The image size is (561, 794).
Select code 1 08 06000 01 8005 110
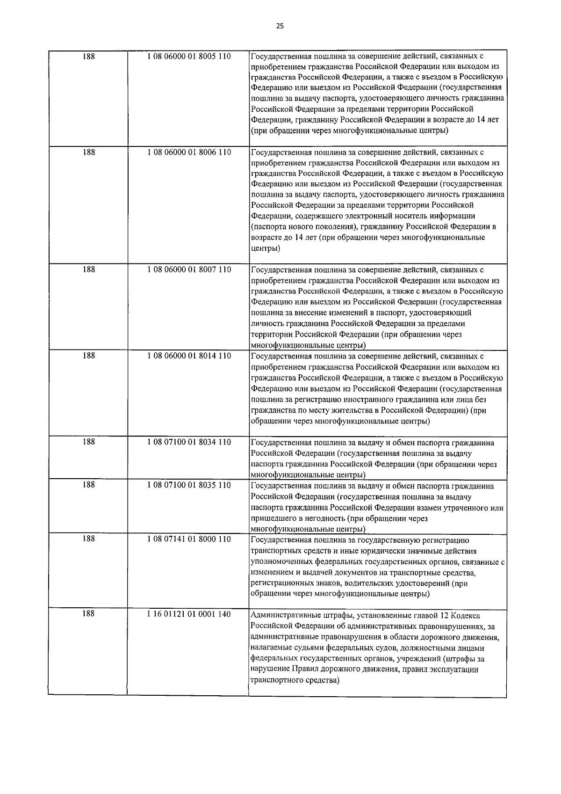188,57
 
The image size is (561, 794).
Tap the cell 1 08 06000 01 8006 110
188,153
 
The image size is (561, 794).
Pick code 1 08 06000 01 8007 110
188,270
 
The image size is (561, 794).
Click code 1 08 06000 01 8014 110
188,356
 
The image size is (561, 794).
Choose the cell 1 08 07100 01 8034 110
188,442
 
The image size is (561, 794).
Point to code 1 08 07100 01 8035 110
188,485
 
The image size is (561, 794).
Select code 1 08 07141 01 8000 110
188,539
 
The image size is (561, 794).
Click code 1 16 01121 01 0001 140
188,614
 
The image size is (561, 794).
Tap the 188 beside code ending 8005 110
88,57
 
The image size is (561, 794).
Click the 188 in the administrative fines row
88,614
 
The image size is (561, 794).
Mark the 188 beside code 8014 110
88,356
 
